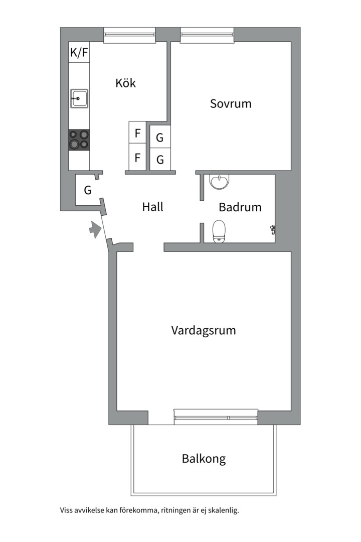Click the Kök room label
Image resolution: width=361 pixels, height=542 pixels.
coord(126,83)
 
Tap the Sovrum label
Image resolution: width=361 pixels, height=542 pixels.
coord(231,104)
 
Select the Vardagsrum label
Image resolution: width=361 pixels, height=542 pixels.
coord(204,330)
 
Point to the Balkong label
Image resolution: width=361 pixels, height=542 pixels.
coord(204,459)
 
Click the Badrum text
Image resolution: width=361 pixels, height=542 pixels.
coord(240,207)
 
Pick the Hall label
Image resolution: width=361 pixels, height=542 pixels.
coord(153,207)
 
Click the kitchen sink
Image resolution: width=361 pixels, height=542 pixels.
coord(79,98)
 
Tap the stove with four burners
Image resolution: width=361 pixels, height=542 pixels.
coord(79,140)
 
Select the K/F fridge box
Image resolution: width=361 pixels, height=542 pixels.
coord(79,52)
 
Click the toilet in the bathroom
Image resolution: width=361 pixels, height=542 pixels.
coord(219,231)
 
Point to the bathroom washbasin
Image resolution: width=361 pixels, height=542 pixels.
coord(220,182)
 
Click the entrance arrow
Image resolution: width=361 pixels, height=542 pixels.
coord(95,229)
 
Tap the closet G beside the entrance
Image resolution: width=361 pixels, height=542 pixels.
coord(88,190)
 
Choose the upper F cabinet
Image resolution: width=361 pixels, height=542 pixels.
coord(137,132)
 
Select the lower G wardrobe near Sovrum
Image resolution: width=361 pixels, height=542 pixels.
coord(160,160)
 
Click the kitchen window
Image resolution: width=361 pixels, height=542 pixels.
coord(129,35)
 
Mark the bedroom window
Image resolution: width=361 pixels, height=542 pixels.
coord(207,35)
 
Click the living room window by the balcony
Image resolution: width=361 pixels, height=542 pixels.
coord(216,417)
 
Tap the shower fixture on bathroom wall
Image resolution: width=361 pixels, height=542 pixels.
coord(273,229)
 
